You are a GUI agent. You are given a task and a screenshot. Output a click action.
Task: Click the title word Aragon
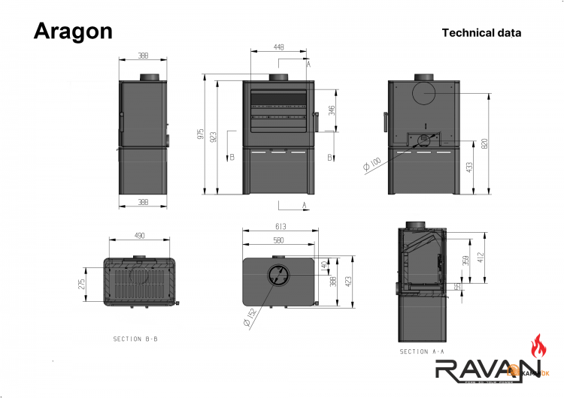tap(73, 31)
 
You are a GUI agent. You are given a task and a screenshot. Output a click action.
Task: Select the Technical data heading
tap(481, 32)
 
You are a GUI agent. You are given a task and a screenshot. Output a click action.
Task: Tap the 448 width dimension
tap(279, 47)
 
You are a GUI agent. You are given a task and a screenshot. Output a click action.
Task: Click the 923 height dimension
tap(214, 137)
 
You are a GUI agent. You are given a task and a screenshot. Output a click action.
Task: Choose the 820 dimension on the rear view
tap(485, 143)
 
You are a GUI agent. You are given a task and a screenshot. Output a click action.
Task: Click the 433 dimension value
tap(469, 167)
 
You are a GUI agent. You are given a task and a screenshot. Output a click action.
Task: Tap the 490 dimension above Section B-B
tap(139, 235)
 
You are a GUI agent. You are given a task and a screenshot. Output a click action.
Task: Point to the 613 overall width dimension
tap(280, 227)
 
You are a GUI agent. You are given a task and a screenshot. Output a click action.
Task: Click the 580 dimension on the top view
tap(278, 240)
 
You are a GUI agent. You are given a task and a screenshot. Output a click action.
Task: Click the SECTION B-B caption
tap(135, 339)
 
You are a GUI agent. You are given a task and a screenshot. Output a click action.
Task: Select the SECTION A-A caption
tap(422, 351)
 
